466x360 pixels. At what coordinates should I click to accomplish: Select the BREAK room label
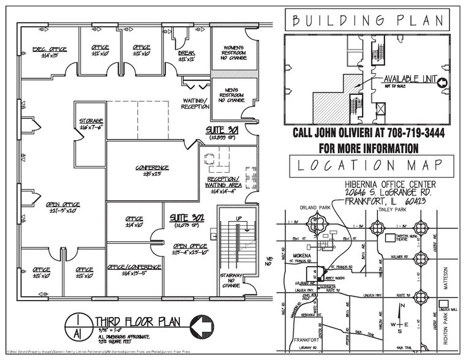(x=186, y=53)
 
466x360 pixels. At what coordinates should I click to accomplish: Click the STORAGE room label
(x=90, y=121)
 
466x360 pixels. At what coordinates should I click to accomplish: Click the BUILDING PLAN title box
(x=367, y=20)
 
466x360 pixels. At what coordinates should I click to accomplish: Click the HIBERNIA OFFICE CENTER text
(x=390, y=184)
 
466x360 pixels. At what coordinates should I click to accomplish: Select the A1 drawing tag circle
(x=78, y=325)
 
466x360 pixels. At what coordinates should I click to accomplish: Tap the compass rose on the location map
(x=399, y=324)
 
